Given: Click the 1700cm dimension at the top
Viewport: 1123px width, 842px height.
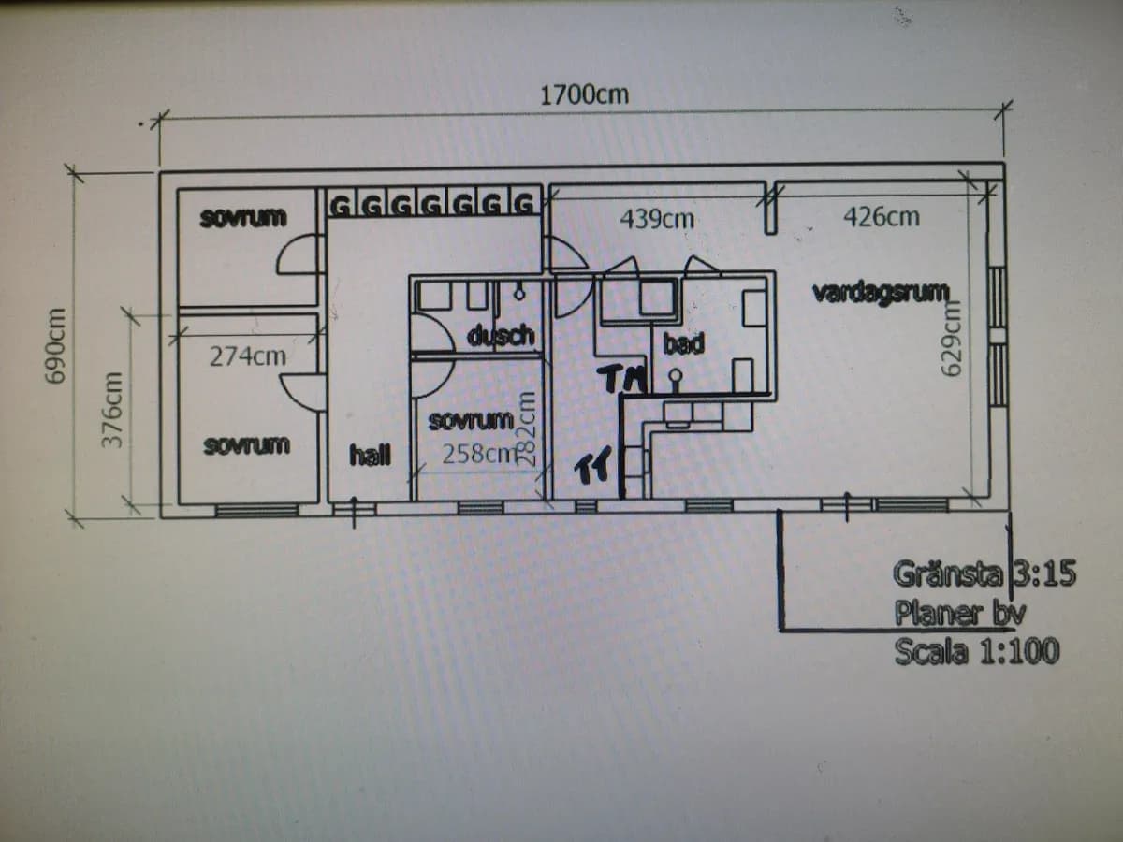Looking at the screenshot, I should (584, 94).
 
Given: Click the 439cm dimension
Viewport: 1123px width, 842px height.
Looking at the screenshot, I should (657, 219).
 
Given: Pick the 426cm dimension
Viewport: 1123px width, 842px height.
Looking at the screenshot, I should (881, 217).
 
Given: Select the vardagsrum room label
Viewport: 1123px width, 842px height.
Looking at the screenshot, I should (881, 292).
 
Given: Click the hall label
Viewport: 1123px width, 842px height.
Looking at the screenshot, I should (370, 456).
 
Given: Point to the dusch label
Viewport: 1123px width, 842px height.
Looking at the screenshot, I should (501, 335).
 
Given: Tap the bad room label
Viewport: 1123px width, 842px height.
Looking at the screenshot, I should (683, 343).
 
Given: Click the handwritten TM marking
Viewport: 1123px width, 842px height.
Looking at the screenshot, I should (622, 378).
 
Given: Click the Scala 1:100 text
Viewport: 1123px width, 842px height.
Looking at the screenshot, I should (976, 650).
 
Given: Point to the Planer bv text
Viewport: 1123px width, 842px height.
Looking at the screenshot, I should (960, 613).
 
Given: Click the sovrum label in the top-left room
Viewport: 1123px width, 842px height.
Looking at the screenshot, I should (243, 218).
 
